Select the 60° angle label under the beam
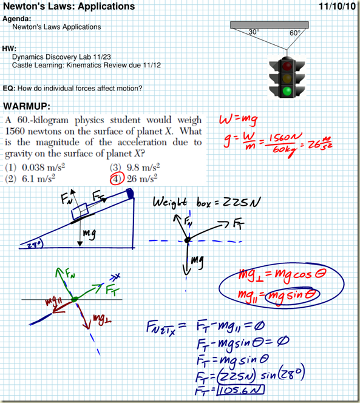[295, 33]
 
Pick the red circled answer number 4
[116, 178]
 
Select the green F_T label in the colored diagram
[113, 290]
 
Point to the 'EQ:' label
[10, 88]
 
